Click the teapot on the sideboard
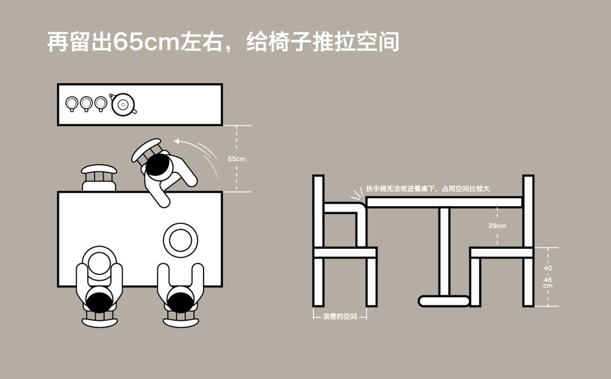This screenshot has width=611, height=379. (123, 104)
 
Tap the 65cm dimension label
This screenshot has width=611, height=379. (236, 159)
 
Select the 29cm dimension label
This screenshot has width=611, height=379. (497, 226)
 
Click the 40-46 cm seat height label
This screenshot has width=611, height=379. (548, 277)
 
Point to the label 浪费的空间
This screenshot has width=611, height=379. (340, 317)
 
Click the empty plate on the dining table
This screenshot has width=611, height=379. (180, 240)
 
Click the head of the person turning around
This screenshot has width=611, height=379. (158, 165)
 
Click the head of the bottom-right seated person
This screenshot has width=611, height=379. (181, 299)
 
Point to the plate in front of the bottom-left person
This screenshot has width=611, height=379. (98, 263)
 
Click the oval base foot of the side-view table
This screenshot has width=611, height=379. (444, 301)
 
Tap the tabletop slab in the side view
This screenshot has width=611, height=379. (444, 202)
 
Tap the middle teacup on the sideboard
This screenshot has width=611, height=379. (86, 103)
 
